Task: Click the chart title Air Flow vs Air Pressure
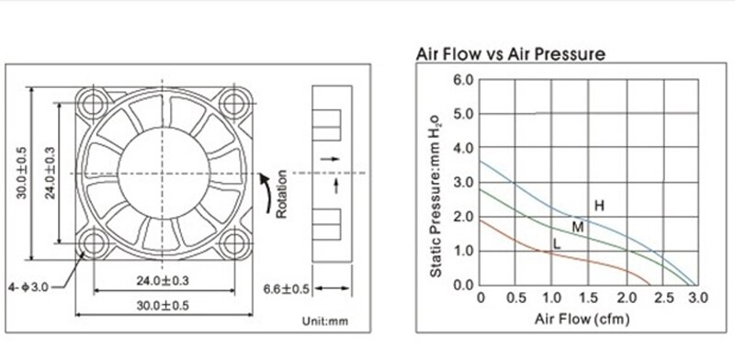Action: pos(512,54)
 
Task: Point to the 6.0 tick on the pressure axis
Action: pos(463,81)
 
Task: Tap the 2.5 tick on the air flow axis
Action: pos(661,299)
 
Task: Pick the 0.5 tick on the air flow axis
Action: pos(517,299)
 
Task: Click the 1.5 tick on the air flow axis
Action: pos(589,299)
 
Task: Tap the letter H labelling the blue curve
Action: pos(599,206)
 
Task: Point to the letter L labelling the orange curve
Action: pos(556,243)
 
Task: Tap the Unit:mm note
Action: pos(324,321)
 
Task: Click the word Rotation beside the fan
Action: pos(282,192)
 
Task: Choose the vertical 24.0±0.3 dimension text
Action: pos(52,172)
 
